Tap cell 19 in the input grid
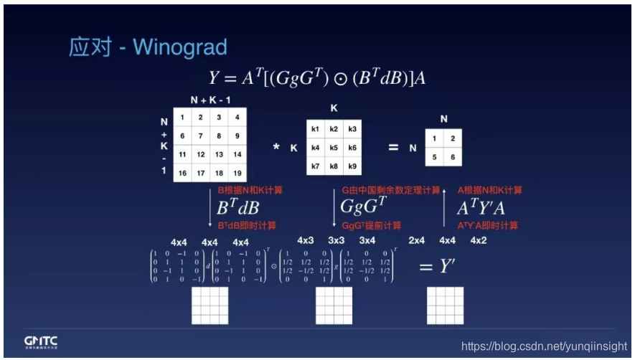tap(237, 173)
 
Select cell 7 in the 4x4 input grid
tap(201, 136)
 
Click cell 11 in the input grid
tap(183, 154)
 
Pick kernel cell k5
tap(334, 148)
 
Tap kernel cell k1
tap(316, 129)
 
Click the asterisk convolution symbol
tap(276, 148)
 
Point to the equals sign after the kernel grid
tap(392, 147)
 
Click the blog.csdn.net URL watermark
tap(543, 346)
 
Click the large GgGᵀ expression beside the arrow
tap(362, 207)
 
